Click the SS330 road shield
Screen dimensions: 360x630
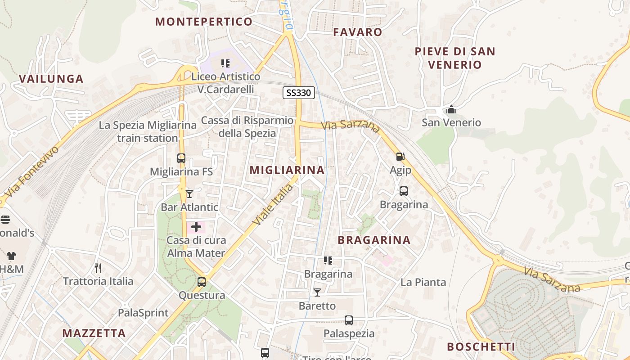(298, 93)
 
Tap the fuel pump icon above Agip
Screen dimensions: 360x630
(400, 157)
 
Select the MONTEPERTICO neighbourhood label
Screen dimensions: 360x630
(204, 22)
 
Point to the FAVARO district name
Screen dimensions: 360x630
(357, 32)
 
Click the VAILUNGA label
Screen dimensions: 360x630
(51, 79)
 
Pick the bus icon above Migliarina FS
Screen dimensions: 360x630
(181, 158)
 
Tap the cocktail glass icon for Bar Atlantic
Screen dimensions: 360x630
(189, 194)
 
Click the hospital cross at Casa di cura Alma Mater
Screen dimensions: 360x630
(196, 227)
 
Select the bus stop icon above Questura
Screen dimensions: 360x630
(202, 282)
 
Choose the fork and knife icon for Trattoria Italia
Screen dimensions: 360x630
(98, 268)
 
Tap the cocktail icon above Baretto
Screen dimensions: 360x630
(317, 292)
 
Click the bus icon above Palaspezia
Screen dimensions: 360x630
(349, 320)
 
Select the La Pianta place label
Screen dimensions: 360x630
(423, 282)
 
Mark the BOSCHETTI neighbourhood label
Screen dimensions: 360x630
(481, 347)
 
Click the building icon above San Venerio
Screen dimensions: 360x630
(451, 109)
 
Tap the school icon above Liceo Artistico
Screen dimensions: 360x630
(225, 63)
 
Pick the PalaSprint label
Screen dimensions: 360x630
(143, 313)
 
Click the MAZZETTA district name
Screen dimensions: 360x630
(94, 333)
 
